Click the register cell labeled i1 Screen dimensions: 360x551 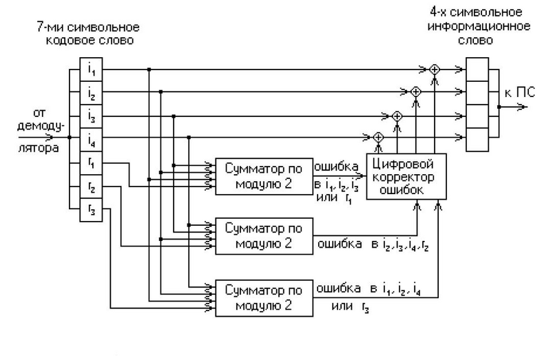[x=91, y=70]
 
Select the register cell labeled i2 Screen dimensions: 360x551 [x=91, y=92]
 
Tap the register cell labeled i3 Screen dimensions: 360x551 [x=91, y=115]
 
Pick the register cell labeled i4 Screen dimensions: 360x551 [x=91, y=138]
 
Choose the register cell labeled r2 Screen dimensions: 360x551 [x=91, y=187]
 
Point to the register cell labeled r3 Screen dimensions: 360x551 [x=91, y=210]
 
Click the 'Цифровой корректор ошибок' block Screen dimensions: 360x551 [x=406, y=176]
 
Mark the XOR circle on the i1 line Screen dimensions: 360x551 [x=434, y=70]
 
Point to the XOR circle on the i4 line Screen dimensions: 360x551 [x=377, y=138]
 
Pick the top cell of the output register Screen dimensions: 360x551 [x=477, y=70]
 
